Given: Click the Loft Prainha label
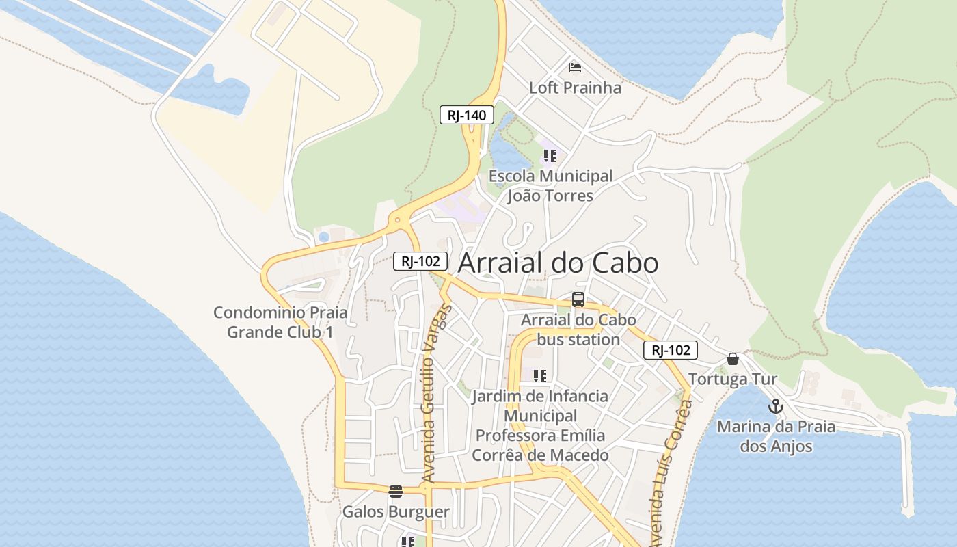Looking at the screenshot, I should coord(575,88).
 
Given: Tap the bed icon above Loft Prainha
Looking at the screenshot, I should coord(575,67).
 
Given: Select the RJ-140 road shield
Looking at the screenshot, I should coord(466,115).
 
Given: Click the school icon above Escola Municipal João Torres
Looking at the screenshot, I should coord(550,156).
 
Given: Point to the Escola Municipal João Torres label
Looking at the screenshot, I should coord(550,186).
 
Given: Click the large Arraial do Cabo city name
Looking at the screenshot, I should coord(558,263).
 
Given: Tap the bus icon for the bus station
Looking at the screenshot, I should coord(578,299).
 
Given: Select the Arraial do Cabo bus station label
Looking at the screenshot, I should coord(578,330).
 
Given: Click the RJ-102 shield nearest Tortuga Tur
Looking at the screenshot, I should coord(670,351).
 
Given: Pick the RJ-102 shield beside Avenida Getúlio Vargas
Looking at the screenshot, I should coord(420,261).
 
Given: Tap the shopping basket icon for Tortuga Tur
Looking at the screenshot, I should coord(733,359).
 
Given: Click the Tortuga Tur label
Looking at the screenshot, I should coord(733,379).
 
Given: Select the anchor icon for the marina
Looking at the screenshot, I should coord(775,407).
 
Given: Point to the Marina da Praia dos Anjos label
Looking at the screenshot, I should coord(776,436).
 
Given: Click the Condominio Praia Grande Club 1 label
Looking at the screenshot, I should coord(280,322).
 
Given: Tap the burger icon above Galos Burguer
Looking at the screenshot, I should coord(396,491).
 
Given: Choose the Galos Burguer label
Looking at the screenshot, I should coord(396,511).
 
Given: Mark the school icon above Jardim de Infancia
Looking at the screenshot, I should coord(540,375).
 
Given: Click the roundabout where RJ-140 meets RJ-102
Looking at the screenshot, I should coord(397,221).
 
